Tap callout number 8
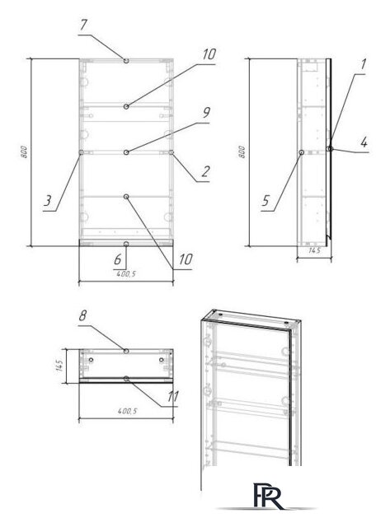click(82, 314)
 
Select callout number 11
click(172, 395)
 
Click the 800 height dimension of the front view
click(26, 153)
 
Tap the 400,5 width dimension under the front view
click(125, 274)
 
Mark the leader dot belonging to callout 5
click(302, 152)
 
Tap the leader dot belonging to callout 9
click(126, 152)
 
